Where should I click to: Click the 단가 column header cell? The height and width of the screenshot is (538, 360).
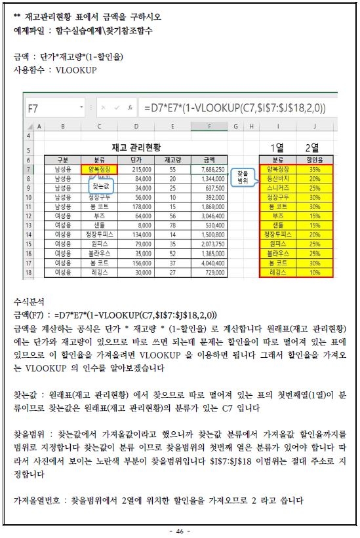coord(136,159)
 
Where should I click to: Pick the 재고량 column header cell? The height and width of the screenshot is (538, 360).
coord(172,159)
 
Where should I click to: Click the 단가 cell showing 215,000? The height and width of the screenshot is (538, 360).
coord(136,169)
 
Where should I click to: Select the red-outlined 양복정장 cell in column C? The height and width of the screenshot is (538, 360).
coord(100,169)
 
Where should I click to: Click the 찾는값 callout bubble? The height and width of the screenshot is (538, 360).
coord(102,187)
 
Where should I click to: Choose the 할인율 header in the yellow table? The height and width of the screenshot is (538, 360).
coord(315,159)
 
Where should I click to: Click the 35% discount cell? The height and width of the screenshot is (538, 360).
coord(315,169)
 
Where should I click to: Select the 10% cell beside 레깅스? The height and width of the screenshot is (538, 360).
coord(315,271)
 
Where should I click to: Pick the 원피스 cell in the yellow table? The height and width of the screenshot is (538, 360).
coord(278,243)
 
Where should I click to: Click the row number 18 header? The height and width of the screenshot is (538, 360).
coord(30,271)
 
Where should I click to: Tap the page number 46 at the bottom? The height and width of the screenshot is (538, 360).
coord(180,530)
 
